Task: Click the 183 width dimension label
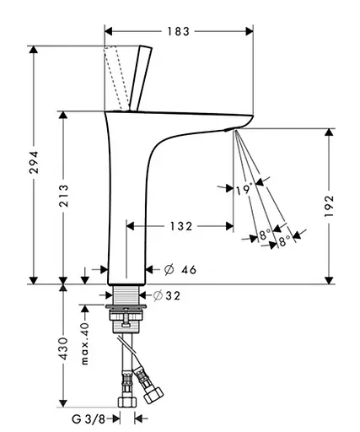click(x=179, y=31)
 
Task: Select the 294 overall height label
click(x=34, y=162)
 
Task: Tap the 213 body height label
click(x=63, y=196)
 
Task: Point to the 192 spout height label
click(x=329, y=206)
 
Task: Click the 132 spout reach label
click(x=181, y=226)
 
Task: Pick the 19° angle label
click(x=244, y=190)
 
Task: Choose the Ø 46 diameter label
click(x=180, y=270)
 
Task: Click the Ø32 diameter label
click(x=166, y=295)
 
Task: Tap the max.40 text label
click(x=84, y=343)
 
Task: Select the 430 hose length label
click(x=63, y=348)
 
